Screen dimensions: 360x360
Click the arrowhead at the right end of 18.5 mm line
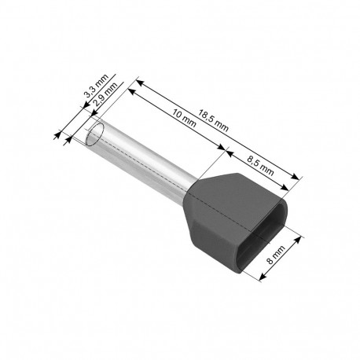(299, 178)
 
